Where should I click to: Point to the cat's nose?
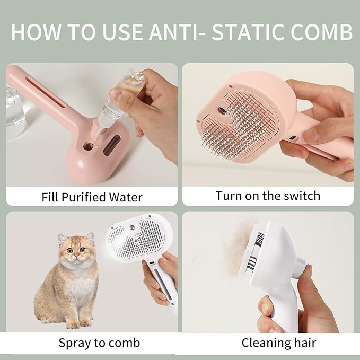[76, 255]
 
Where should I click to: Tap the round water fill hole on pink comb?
[89, 146]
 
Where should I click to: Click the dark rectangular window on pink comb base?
[112, 145]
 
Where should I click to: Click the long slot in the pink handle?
[46, 92]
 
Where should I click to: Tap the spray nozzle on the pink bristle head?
[222, 111]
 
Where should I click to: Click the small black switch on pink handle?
[293, 138]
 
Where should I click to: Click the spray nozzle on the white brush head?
[133, 228]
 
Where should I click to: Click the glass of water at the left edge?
[14, 112]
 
